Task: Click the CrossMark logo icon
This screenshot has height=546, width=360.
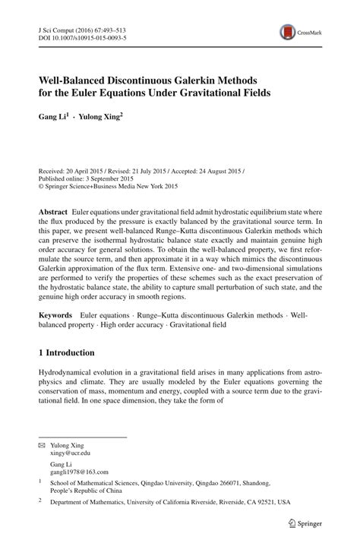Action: click(x=288, y=33)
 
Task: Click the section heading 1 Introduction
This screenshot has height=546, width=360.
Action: click(x=66, y=353)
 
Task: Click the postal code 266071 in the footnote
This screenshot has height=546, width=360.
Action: click(x=236, y=481)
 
